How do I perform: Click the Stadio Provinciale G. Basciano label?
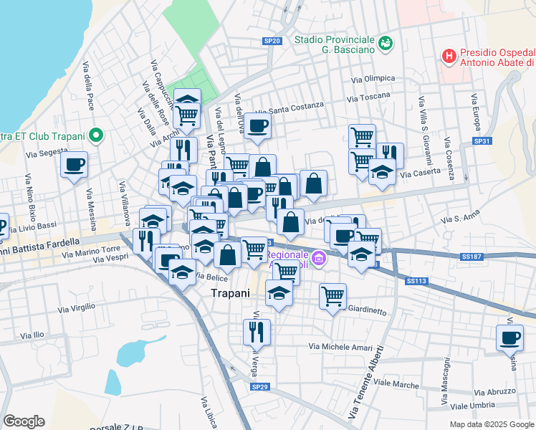point(335,44)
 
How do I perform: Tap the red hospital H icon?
point(449,55)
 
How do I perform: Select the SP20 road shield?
point(272,42)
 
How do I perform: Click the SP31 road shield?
point(482,141)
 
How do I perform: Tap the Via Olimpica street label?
point(373,79)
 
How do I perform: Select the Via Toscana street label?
point(368,96)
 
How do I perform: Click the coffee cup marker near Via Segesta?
point(74,166)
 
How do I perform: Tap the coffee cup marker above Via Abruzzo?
point(509,338)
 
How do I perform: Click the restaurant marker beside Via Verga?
point(256,332)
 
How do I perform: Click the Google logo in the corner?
point(24,421)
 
